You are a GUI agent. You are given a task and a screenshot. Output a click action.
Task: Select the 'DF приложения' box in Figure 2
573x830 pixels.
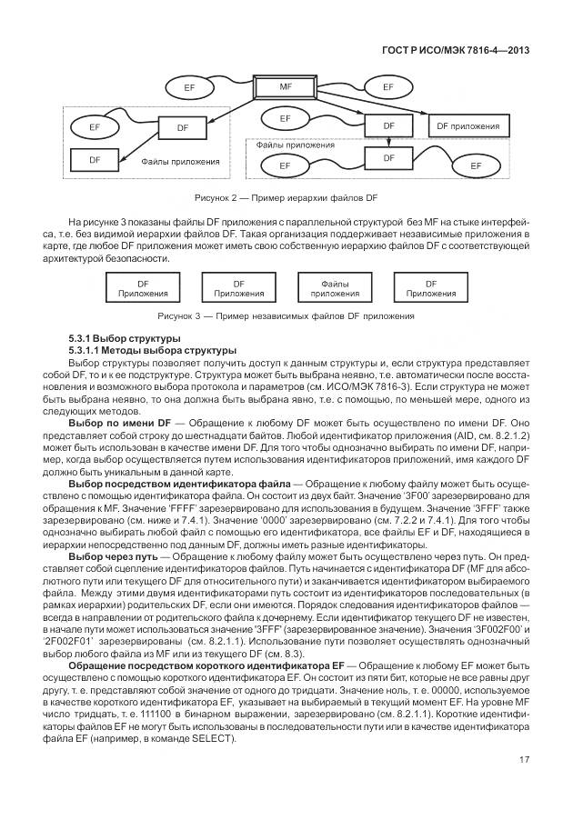pyautogui.click(x=467, y=125)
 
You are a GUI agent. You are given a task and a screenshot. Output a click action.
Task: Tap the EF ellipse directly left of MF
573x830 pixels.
pyautogui.click(x=189, y=87)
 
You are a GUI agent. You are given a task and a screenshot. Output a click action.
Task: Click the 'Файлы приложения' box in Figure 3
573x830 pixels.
pyautogui.click(x=335, y=288)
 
